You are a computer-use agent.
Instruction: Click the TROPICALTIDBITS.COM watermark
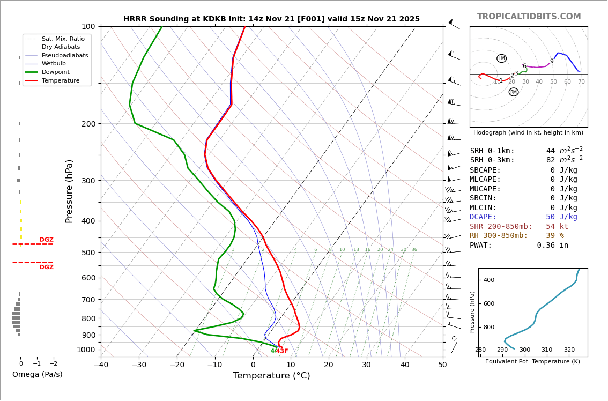(x=529, y=17)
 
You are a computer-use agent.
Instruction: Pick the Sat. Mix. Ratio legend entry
(x=63, y=39)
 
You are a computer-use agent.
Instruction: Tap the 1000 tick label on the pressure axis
(x=86, y=350)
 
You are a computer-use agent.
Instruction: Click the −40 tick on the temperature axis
(x=101, y=365)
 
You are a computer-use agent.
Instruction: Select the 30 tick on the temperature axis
(x=366, y=365)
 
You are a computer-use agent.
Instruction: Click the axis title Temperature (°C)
(x=271, y=376)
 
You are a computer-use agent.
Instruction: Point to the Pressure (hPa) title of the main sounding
(x=69, y=191)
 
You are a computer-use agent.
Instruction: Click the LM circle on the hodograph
(x=501, y=58)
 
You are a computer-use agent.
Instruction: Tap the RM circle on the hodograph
(x=514, y=92)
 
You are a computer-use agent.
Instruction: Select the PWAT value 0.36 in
(x=552, y=245)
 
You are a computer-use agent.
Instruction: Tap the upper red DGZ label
(x=46, y=240)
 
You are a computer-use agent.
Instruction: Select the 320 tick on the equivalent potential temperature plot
(x=569, y=350)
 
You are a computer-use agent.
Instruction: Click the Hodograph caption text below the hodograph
(x=528, y=132)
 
